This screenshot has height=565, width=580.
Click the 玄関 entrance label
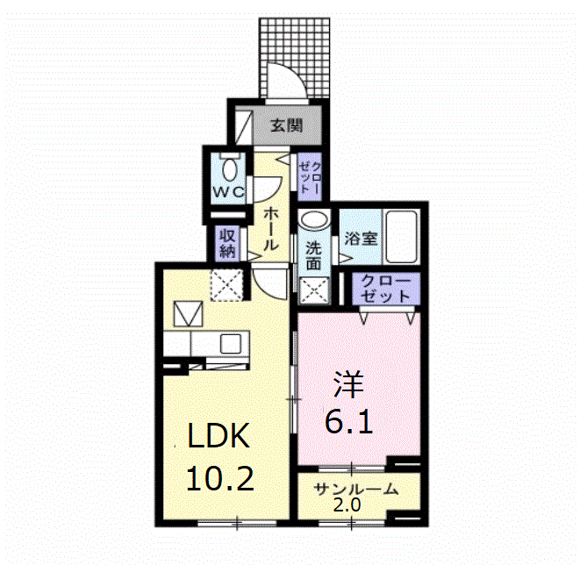pos(286,126)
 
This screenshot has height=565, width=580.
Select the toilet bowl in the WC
pos(231,167)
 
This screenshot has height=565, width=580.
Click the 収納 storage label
pos(228,242)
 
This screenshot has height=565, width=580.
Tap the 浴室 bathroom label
pos(360,238)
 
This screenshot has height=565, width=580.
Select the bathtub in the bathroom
pos(403,237)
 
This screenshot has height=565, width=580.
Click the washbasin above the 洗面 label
pos(313,220)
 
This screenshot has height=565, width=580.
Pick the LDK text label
pos(219,436)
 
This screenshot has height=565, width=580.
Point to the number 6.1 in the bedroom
pos(349,425)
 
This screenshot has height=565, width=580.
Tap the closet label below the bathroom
pos(386,288)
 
